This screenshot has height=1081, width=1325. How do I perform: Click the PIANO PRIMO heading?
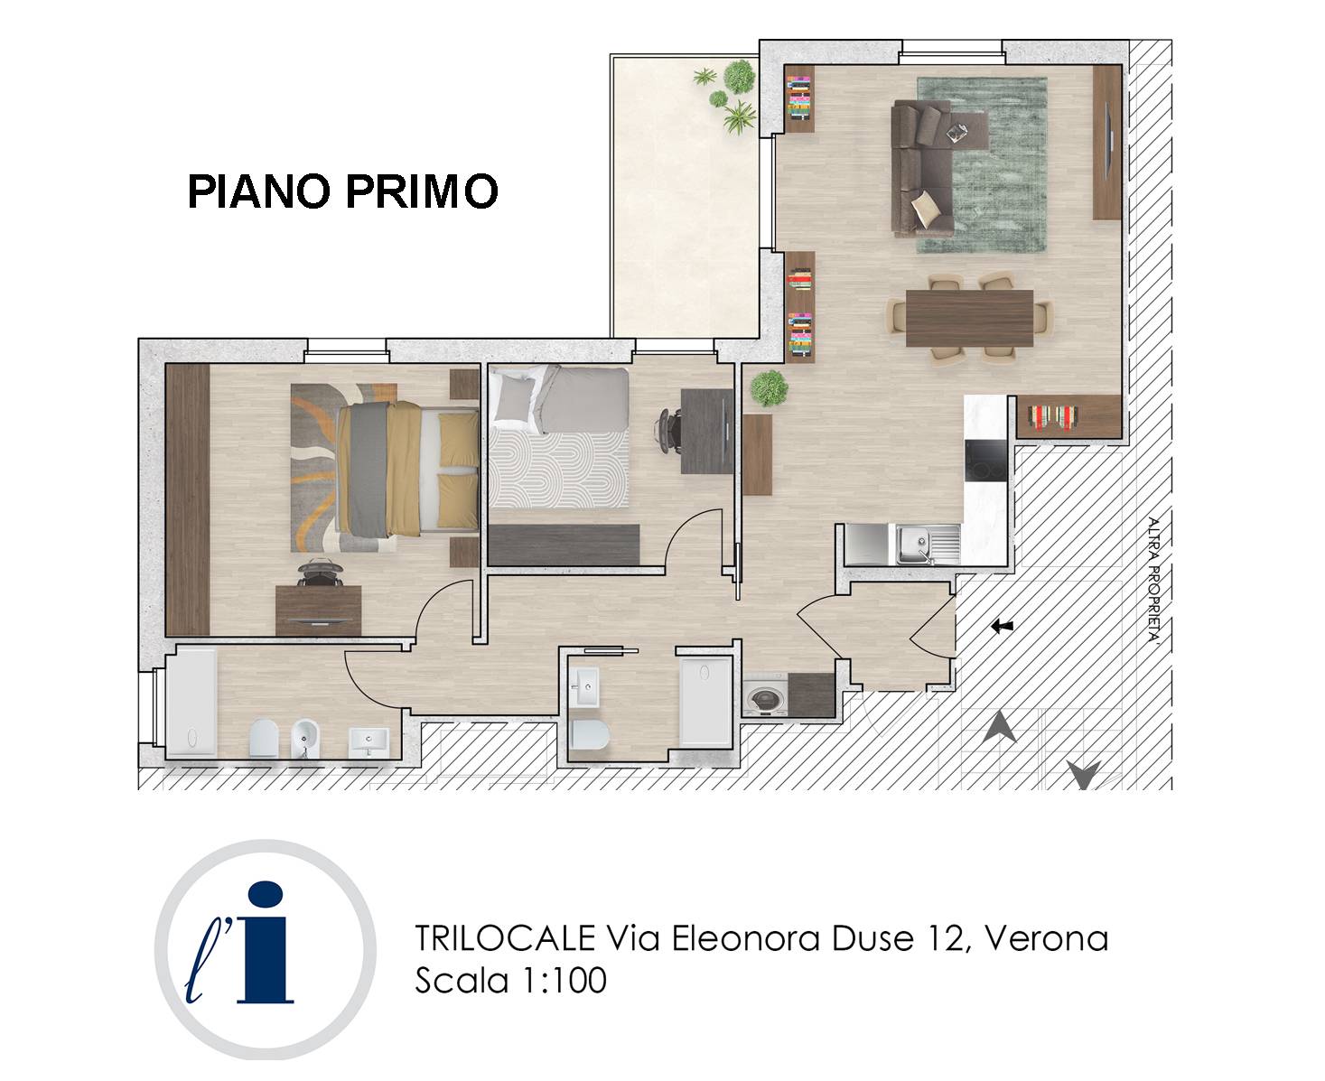pyautogui.click(x=342, y=191)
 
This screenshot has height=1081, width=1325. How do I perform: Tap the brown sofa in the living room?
pyautogui.click(x=921, y=167)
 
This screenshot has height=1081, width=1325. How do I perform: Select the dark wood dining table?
pyautogui.click(x=969, y=318)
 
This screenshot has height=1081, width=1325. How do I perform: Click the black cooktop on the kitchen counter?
pyautogui.click(x=984, y=461)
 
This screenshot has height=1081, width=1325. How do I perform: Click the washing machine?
pyautogui.click(x=766, y=698)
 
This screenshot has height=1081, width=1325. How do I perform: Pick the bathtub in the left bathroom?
pyautogui.click(x=191, y=702)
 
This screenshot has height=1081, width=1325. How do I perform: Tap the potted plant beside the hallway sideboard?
pyautogui.click(x=769, y=388)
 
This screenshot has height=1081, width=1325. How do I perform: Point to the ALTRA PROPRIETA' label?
pyautogui.click(x=1152, y=578)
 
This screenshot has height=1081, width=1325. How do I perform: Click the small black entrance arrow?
pyautogui.click(x=1001, y=626)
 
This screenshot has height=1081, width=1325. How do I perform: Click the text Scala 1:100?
pyautogui.click(x=510, y=980)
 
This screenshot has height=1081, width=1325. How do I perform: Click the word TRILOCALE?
pyautogui.click(x=505, y=938)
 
